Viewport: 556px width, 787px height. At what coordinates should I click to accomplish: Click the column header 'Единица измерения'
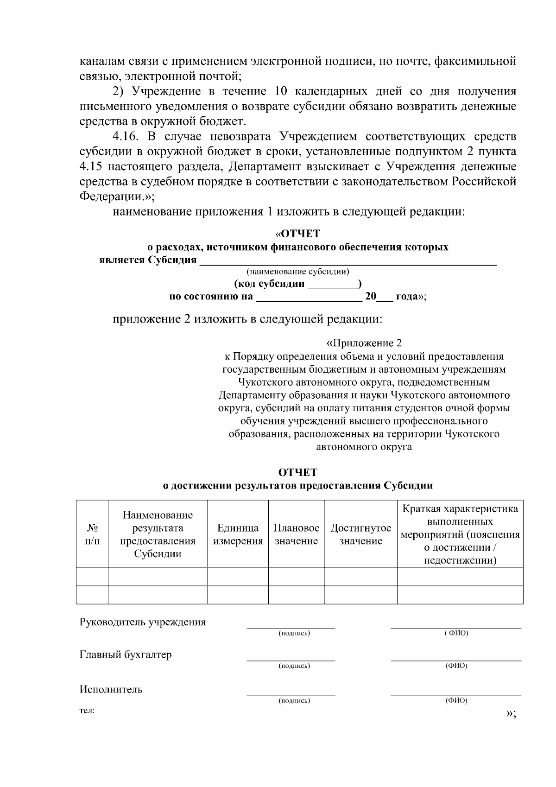[x=238, y=534]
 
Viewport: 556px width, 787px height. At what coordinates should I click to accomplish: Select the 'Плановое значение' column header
[x=296, y=534]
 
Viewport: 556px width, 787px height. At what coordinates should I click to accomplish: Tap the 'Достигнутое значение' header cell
[x=360, y=534]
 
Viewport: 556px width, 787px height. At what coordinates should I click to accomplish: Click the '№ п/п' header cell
[x=92, y=534]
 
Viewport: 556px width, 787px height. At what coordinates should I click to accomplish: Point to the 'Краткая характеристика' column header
[x=460, y=534]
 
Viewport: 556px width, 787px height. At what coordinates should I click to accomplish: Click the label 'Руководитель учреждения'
[x=143, y=622]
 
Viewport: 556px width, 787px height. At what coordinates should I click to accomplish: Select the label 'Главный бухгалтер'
[x=126, y=654]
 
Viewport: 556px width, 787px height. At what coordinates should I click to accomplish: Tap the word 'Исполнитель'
[x=111, y=689]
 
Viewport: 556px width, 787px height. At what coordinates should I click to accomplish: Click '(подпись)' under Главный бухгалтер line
[x=294, y=666]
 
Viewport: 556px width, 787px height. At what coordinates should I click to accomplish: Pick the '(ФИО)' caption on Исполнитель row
[x=456, y=701]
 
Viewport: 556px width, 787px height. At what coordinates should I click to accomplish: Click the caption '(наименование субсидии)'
[x=298, y=271]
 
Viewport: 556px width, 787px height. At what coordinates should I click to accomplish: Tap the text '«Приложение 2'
[x=364, y=343]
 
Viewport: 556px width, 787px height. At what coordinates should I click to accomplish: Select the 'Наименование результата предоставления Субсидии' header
[x=158, y=534]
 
